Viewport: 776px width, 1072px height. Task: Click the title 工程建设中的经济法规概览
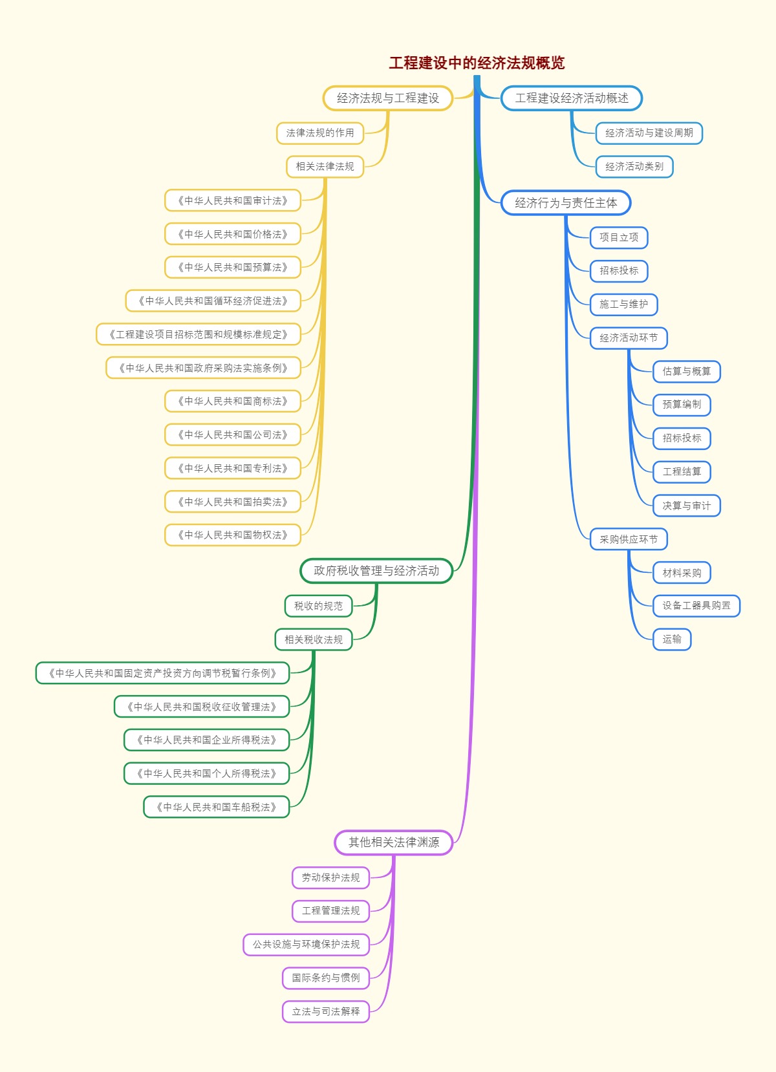[477, 63]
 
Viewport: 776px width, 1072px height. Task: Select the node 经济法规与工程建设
[388, 98]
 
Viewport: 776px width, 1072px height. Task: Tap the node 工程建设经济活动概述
[572, 98]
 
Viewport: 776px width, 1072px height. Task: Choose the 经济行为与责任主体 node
[566, 203]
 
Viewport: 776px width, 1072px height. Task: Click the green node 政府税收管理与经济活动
[376, 570]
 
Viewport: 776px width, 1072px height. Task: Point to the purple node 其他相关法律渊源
[394, 842]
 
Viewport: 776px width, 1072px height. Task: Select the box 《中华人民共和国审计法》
[233, 200]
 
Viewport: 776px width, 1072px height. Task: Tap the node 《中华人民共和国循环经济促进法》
[213, 301]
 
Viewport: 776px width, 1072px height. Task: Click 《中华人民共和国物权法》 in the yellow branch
[233, 535]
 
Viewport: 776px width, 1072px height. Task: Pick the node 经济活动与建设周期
[649, 133]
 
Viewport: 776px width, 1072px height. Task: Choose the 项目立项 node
[619, 237]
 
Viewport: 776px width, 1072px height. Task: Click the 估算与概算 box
[687, 371]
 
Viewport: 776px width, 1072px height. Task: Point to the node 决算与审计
[687, 506]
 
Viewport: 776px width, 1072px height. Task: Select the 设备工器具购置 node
[696, 605]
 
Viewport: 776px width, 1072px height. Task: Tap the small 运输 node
[672, 639]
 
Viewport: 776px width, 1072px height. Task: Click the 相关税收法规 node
[314, 639]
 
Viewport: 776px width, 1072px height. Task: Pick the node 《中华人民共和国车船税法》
[217, 807]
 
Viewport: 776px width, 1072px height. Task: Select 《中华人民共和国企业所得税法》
[207, 740]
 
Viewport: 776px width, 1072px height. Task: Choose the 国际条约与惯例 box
[325, 978]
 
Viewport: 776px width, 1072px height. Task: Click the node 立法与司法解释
[325, 1011]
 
